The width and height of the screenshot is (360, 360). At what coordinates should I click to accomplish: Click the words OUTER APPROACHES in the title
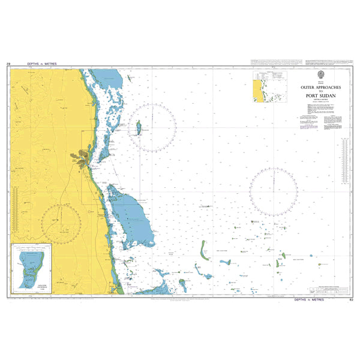pos(322,87)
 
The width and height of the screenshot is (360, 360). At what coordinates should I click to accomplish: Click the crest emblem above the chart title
pos(322,75)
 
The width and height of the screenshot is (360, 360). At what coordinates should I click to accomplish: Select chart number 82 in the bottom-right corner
pos(351,299)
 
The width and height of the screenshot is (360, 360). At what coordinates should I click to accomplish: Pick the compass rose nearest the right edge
pos(274,191)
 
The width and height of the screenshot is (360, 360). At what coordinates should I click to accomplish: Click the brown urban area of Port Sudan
pos(82,157)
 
